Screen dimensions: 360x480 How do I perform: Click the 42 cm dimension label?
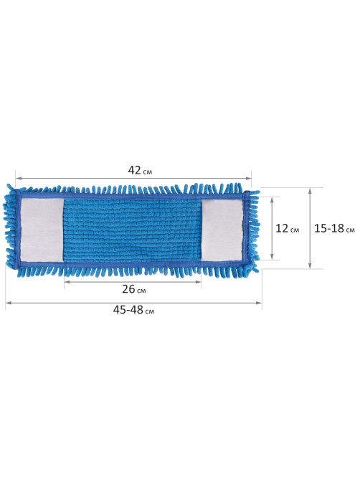click(x=140, y=171)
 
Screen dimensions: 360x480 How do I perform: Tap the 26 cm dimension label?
click(x=133, y=289)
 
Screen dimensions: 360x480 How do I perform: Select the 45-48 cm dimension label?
click(x=133, y=310)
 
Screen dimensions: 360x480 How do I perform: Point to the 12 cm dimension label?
click(x=287, y=228)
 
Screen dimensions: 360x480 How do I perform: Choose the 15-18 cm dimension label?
click(x=334, y=228)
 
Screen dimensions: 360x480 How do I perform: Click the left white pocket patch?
click(x=42, y=230)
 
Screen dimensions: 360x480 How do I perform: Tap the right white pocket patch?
click(x=222, y=230)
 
